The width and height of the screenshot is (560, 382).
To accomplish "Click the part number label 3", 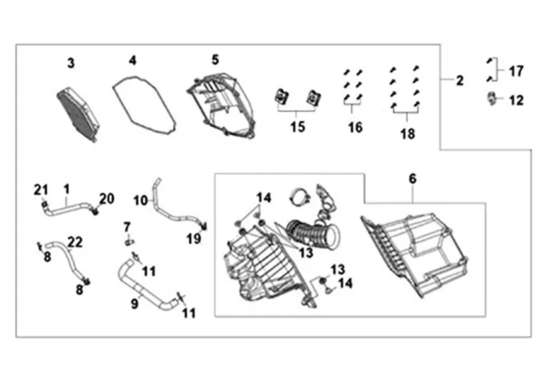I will pyautogui.click(x=71, y=63).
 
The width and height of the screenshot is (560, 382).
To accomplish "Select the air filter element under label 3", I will pyautogui.click(x=76, y=113).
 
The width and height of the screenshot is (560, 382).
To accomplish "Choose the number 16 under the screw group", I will pyautogui.click(x=355, y=127).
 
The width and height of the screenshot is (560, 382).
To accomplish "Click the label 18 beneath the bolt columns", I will pyautogui.click(x=407, y=133).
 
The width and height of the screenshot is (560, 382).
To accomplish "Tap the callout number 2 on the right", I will pyautogui.click(x=459, y=80).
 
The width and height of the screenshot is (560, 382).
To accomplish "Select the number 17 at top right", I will pyautogui.click(x=516, y=71).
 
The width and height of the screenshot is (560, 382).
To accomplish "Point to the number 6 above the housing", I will pyautogui.click(x=412, y=179).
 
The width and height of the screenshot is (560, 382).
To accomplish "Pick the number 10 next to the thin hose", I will pyautogui.click(x=140, y=199).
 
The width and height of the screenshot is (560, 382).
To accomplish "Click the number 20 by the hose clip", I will pyautogui.click(x=107, y=198).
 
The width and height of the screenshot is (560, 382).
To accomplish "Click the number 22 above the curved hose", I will pyautogui.click(x=75, y=242).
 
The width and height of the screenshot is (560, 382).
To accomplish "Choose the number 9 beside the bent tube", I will pyautogui.click(x=134, y=304).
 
